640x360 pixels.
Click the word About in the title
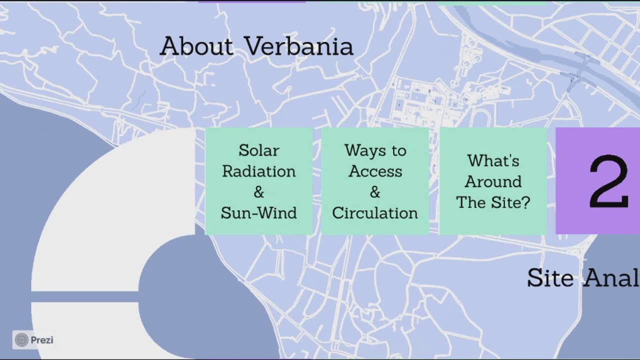pos(196,46)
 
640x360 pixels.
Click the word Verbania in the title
pos(299,46)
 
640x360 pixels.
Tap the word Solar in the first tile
pos(259,150)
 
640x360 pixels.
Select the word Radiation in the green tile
pos(259,171)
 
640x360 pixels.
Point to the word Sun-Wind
pos(259,213)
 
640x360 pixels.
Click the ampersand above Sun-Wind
pos(259,192)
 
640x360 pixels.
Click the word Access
pos(375,171)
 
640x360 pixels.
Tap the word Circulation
pos(375,213)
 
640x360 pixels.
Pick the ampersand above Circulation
pos(375,192)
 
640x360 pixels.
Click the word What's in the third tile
pos(493,161)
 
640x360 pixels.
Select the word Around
pos(493,181)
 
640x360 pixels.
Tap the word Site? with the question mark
pos(511,202)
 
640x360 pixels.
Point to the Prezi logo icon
pos(21,340)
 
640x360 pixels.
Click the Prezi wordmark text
pos(42,340)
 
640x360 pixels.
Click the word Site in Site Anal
pos(550,278)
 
